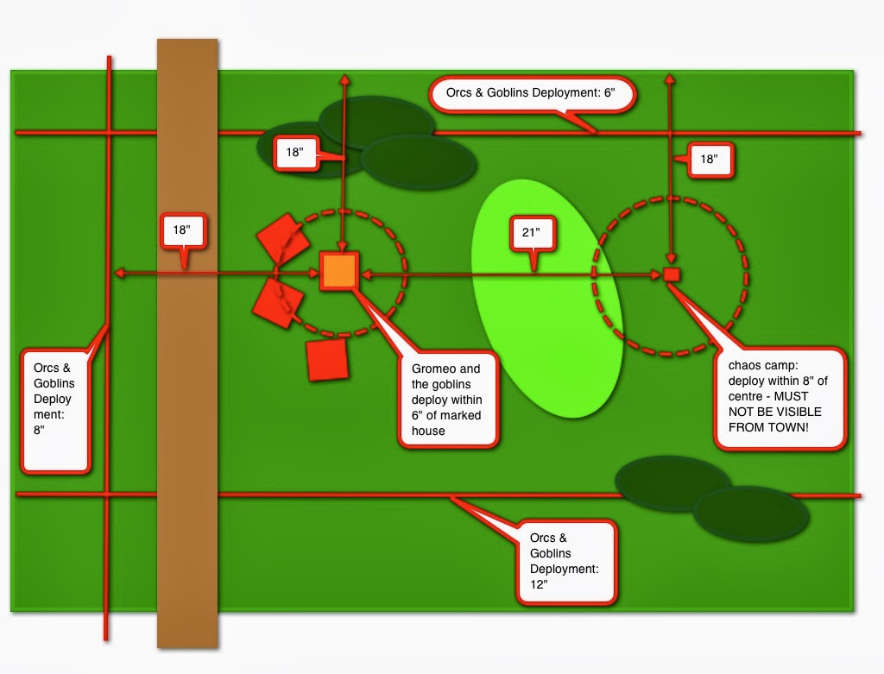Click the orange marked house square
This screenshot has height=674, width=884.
click(338, 272)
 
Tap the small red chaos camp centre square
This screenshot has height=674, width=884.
click(671, 274)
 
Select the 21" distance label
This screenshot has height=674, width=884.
click(532, 233)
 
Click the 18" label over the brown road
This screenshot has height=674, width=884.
click(183, 230)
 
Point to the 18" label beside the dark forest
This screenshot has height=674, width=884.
click(296, 152)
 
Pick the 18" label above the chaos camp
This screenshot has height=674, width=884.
click(710, 160)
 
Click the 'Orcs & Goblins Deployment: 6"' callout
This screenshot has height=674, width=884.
click(532, 94)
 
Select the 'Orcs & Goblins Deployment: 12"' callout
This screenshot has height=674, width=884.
click(566, 562)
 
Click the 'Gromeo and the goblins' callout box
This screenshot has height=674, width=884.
click(448, 400)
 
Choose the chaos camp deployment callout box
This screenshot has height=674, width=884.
click(780, 398)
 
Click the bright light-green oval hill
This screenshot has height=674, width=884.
click(546, 299)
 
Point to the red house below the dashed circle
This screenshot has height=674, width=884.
click(327, 359)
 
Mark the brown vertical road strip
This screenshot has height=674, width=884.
click(187, 343)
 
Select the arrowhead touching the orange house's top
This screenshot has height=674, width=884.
click(342, 247)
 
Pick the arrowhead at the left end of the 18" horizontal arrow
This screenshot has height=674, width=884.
click(119, 274)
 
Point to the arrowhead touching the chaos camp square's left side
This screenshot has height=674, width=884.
click(657, 275)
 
